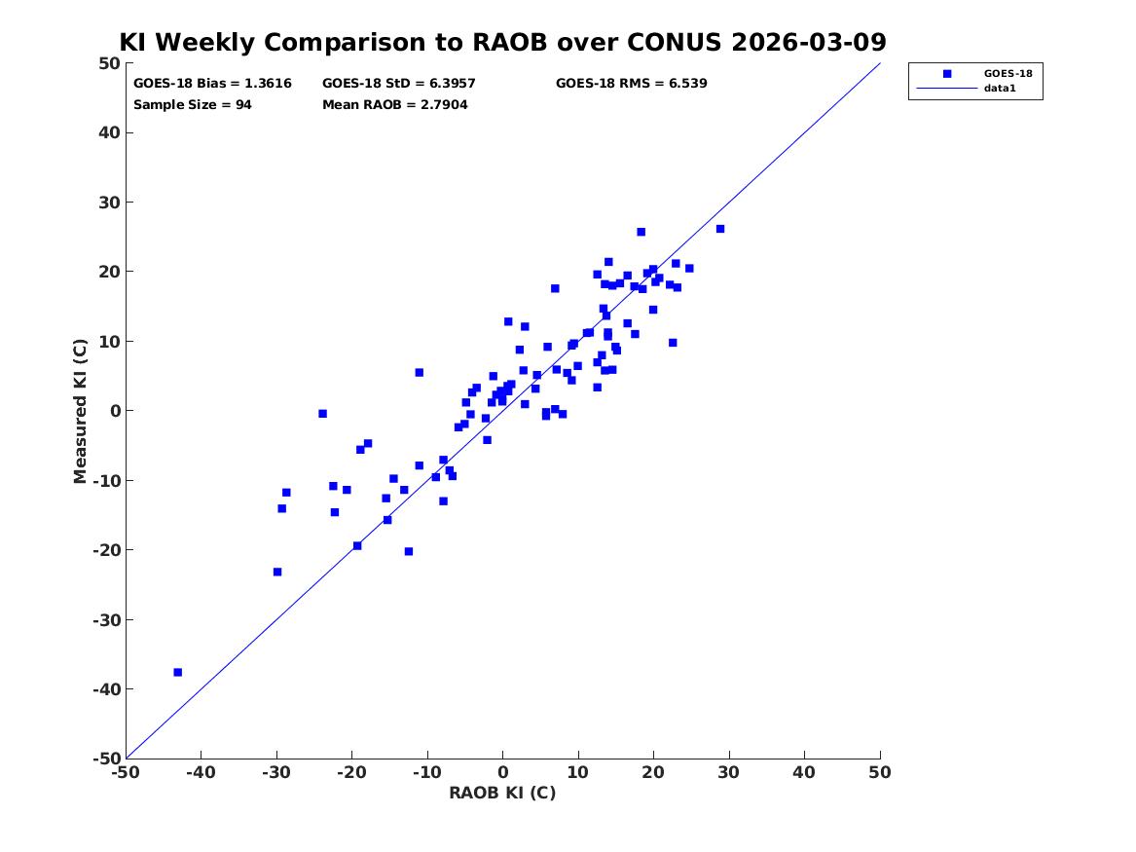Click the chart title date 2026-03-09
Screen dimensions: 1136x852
point(809,42)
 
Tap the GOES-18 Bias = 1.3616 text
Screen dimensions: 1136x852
point(212,84)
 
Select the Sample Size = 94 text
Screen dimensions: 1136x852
point(192,105)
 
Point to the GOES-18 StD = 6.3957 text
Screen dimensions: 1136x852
point(398,84)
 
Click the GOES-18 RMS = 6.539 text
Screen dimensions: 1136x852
point(631,84)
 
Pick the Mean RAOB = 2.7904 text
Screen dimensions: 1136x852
point(395,105)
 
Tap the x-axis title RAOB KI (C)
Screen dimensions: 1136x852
point(502,793)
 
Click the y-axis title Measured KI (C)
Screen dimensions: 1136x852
point(80,411)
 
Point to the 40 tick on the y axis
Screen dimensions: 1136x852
point(109,132)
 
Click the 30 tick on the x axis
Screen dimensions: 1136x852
point(729,772)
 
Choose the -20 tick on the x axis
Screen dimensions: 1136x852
point(351,772)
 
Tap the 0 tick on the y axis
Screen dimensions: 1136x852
point(115,411)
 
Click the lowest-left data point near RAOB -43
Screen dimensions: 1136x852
point(177,672)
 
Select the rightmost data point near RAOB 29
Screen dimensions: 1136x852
point(720,229)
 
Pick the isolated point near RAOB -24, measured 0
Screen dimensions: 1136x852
point(322,414)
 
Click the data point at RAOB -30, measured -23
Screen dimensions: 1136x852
point(276,572)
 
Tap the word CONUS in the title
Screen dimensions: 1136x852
point(674,42)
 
